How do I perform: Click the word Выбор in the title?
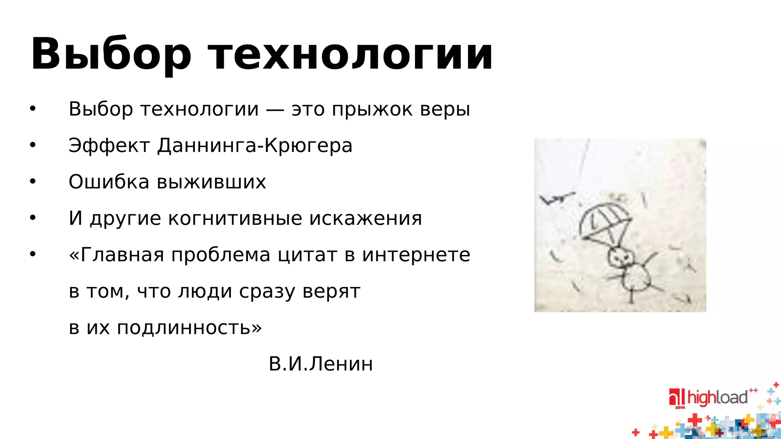111,54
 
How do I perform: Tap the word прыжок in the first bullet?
372,109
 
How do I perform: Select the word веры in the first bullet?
445,109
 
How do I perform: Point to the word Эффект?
109,146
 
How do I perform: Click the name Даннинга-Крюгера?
255,146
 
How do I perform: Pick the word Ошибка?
109,182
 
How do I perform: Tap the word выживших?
211,182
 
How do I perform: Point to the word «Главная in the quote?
116,255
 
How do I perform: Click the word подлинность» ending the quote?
189,327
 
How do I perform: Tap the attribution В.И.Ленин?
321,364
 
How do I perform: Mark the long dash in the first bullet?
275,110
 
